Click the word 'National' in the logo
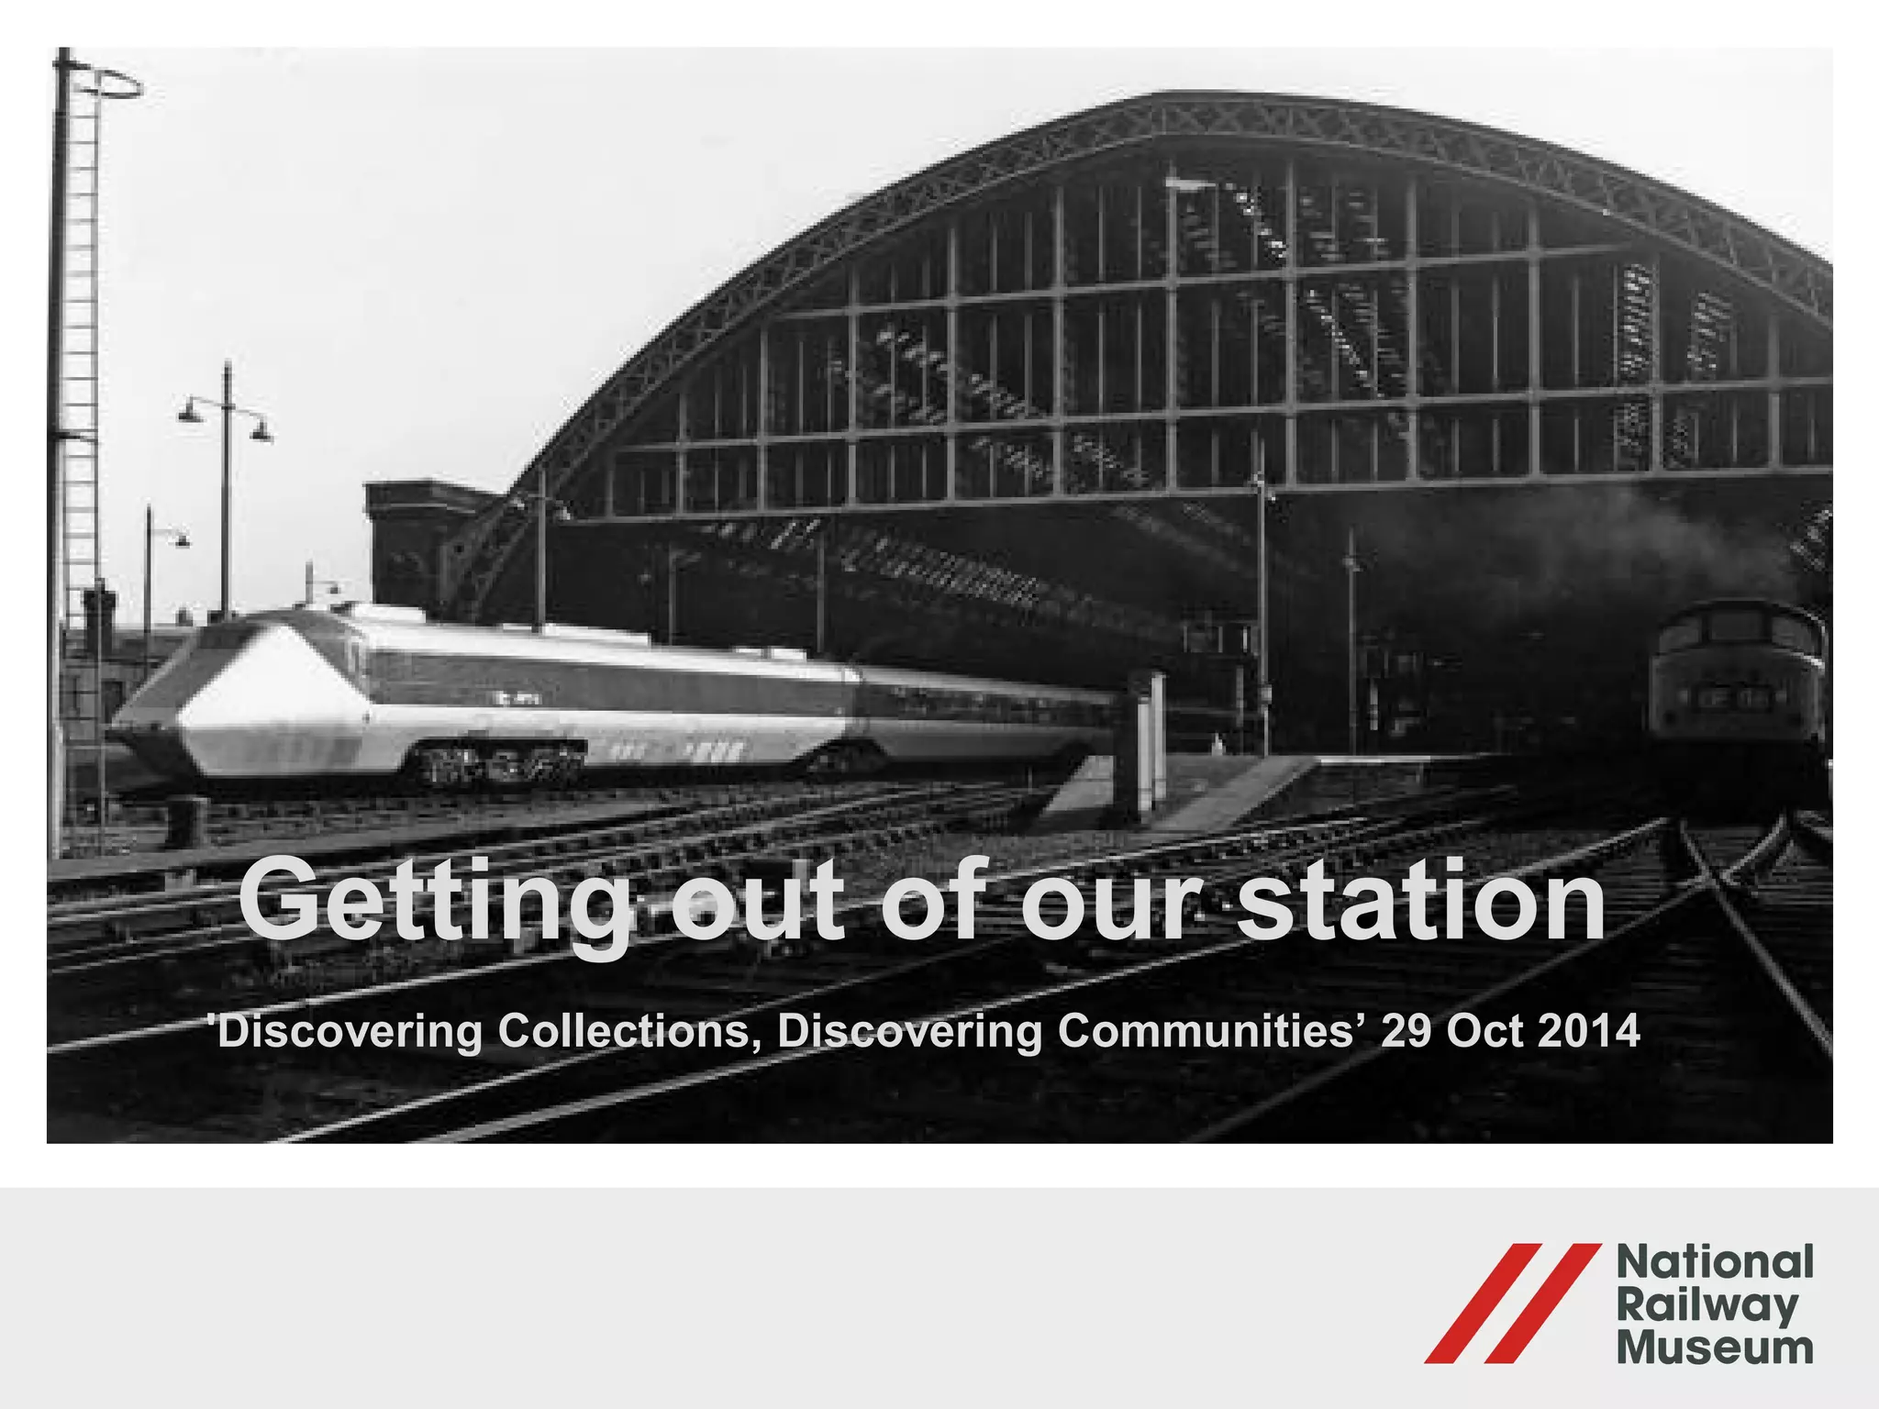1714,1262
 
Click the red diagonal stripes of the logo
1512,1304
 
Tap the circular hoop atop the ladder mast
106,84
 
